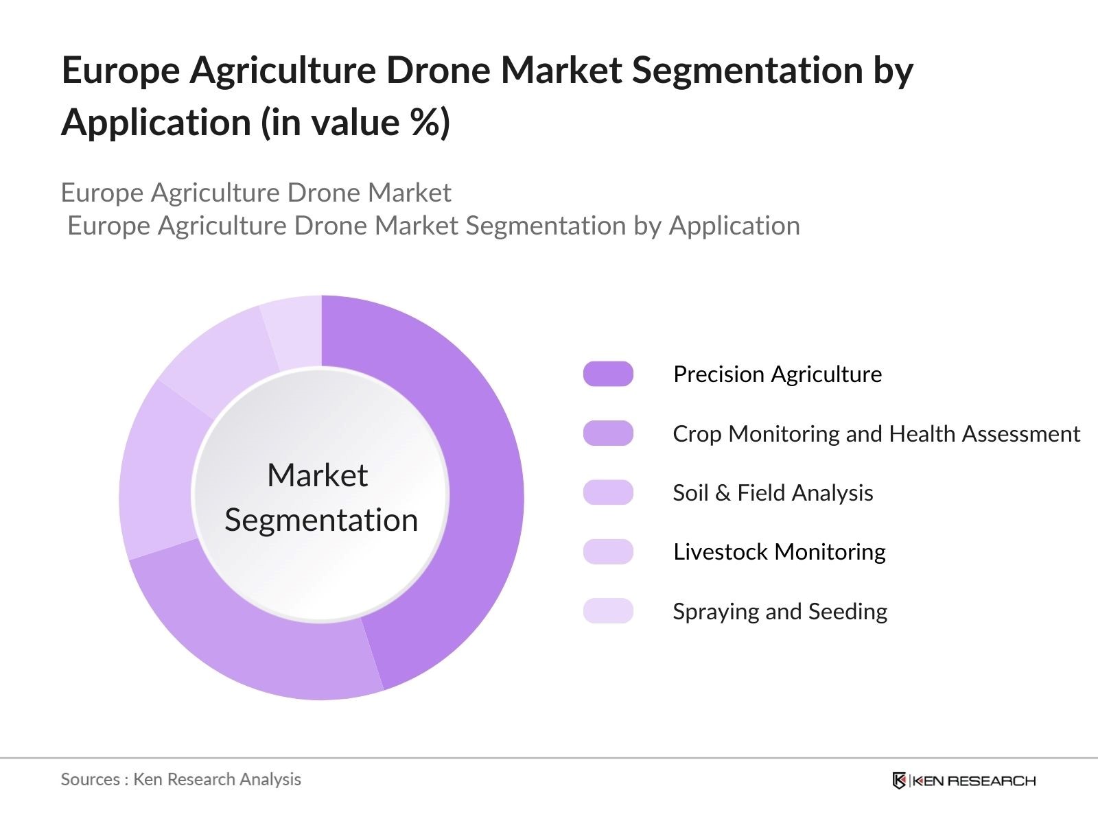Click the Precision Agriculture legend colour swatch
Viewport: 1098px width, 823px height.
[608, 374]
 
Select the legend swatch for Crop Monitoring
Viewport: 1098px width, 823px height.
[608, 433]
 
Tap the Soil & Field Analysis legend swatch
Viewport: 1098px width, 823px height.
[608, 492]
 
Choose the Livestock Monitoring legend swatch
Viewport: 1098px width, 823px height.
[608, 551]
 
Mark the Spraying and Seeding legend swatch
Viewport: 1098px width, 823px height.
[608, 611]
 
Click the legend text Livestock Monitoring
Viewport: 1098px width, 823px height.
[779, 551]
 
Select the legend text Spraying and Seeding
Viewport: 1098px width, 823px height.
[780, 611]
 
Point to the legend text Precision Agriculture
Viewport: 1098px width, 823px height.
[777, 374]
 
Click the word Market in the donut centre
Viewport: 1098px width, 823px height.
[317, 475]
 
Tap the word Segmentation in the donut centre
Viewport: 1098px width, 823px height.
[321, 520]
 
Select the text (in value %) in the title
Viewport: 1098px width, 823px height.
[355, 123]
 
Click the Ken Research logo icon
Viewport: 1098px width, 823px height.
[898, 780]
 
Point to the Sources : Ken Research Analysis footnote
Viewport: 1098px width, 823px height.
[180, 779]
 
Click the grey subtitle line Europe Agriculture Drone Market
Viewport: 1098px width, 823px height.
[255, 193]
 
